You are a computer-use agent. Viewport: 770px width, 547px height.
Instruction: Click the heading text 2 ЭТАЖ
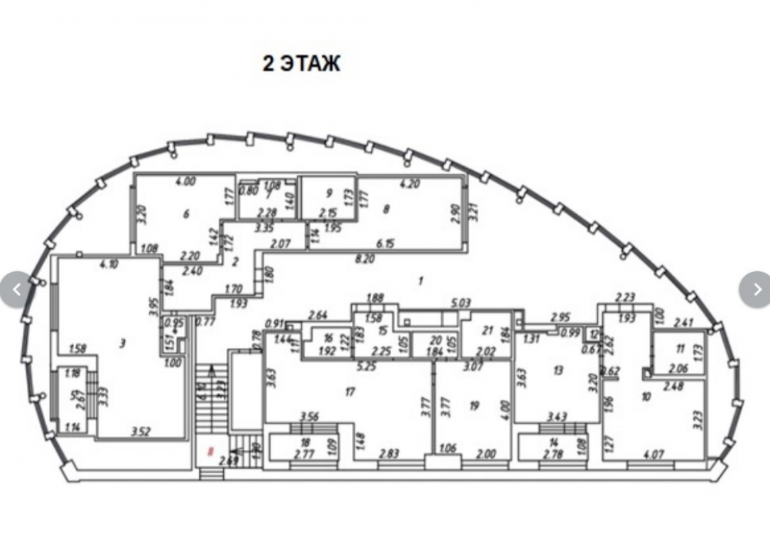301,64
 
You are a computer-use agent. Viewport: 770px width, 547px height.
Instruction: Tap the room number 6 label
186,213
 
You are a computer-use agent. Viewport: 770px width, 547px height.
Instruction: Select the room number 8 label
386,207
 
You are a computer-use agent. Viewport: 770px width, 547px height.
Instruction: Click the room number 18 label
305,442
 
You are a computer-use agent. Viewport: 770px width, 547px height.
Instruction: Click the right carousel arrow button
755,290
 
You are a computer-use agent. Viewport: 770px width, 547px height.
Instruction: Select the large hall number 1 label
420,281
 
